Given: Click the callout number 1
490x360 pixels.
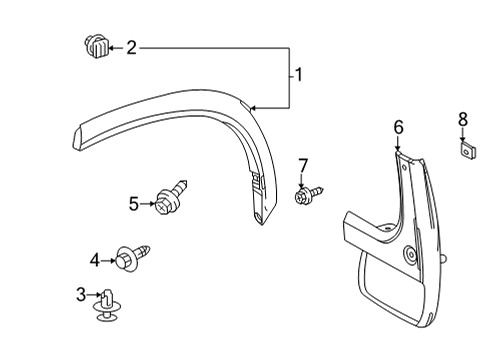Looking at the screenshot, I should tap(297, 75).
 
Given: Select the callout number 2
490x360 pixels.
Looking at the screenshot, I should tap(131, 47).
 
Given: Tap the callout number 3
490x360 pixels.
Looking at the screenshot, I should tap(81, 294).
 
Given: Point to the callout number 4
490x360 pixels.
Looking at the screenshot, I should tap(95, 261).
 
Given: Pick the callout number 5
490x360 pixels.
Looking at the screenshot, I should tap(134, 204).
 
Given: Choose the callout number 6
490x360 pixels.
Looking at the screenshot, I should tap(398, 127).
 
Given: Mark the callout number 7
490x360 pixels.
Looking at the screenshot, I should tap(303, 164).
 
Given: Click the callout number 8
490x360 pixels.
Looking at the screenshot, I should tap(462, 120).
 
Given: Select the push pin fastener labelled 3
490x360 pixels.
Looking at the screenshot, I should tap(105, 306).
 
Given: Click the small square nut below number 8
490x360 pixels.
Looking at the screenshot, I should tap(465, 152).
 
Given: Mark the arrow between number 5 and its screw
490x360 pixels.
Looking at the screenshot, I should tap(148, 203).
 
